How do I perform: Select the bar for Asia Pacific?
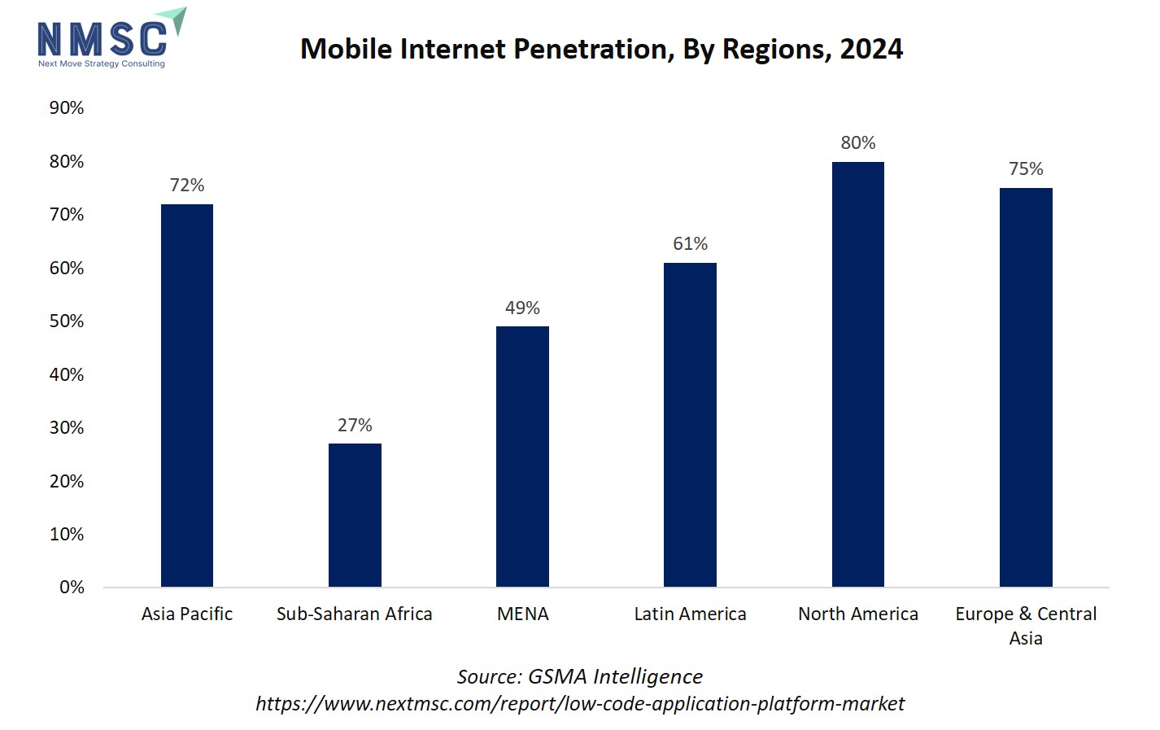point(187,396)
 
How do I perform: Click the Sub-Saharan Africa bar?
point(355,515)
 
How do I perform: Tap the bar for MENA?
point(522,457)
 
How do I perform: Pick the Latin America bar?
point(690,425)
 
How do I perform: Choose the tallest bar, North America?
point(857,374)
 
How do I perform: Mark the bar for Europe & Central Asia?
point(1026,387)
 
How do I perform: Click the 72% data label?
point(187,186)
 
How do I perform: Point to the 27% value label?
point(355,426)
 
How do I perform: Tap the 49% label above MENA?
point(522,308)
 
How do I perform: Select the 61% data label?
point(690,244)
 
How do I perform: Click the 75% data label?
point(1026,169)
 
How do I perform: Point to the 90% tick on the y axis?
point(67,108)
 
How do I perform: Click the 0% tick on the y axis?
point(72,588)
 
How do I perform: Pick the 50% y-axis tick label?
point(67,321)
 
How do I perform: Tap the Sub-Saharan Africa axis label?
point(355,614)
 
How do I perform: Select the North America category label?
point(857,614)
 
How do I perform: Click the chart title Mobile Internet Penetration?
point(601,50)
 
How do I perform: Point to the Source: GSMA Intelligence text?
point(579,677)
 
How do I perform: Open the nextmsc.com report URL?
point(579,704)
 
